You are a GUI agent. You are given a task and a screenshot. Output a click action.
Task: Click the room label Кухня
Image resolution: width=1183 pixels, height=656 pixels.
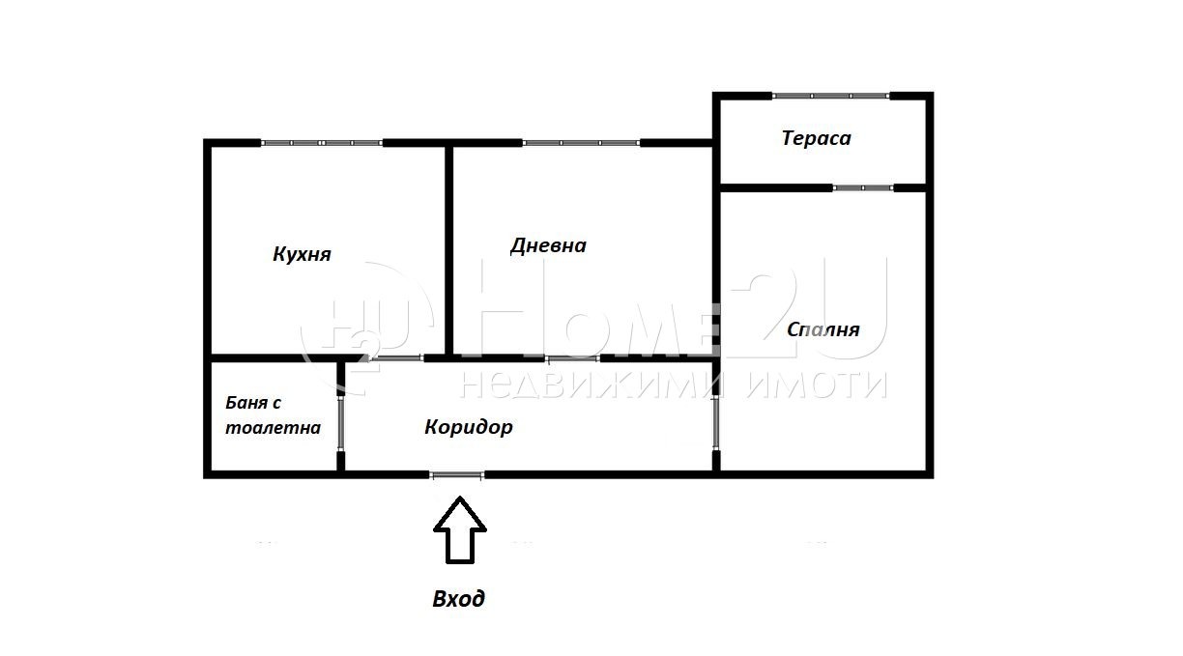click(x=302, y=255)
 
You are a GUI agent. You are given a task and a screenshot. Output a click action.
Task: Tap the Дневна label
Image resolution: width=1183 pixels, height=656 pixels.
click(x=548, y=245)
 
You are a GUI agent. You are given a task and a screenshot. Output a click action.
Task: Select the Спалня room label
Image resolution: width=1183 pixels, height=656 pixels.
click(x=822, y=329)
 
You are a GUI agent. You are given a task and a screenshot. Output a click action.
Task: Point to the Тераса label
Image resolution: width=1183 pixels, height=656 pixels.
click(x=816, y=138)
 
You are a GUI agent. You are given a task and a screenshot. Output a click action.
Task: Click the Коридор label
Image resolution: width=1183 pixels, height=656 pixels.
click(x=468, y=427)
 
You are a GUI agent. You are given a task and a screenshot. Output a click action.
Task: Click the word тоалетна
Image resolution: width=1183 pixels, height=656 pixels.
click(x=273, y=427)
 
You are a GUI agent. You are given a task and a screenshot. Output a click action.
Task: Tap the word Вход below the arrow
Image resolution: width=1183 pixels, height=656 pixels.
click(x=458, y=599)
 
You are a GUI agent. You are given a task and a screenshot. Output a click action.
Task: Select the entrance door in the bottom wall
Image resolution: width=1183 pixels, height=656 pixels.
click(x=457, y=474)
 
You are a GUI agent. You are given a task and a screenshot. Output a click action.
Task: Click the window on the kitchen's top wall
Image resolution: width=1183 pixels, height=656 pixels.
click(x=322, y=143)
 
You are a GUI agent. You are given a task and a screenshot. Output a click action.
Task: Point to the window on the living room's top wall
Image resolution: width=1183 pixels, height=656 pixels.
click(x=581, y=143)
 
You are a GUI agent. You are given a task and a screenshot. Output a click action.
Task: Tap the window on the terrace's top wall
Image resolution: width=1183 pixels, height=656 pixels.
click(x=830, y=96)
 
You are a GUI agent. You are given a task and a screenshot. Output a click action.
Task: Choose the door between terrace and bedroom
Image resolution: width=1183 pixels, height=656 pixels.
click(x=863, y=187)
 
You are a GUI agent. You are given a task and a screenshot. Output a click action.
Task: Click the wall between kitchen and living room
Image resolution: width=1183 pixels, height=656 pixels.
click(x=449, y=249)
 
